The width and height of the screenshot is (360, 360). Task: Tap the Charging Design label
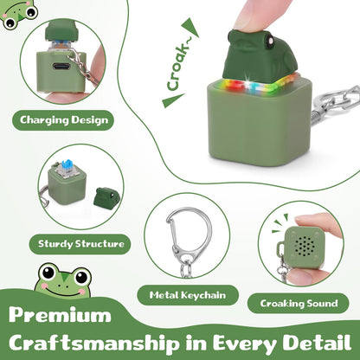pos(63,120)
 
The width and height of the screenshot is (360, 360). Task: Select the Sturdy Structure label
pos(80,244)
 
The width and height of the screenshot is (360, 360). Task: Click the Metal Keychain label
pos(188,295)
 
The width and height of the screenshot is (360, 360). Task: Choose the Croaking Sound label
pos(299,303)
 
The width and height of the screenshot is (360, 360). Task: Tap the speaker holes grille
pos(305,247)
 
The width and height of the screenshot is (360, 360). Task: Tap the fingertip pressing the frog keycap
pos(254,16)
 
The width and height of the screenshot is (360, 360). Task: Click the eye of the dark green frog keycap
pos(271,41)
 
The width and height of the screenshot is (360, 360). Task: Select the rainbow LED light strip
pos(259,83)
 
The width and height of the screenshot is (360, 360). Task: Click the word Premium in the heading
pos(60,316)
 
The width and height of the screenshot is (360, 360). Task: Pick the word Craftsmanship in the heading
pos(93,344)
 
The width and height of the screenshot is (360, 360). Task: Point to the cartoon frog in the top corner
pos(18,14)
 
